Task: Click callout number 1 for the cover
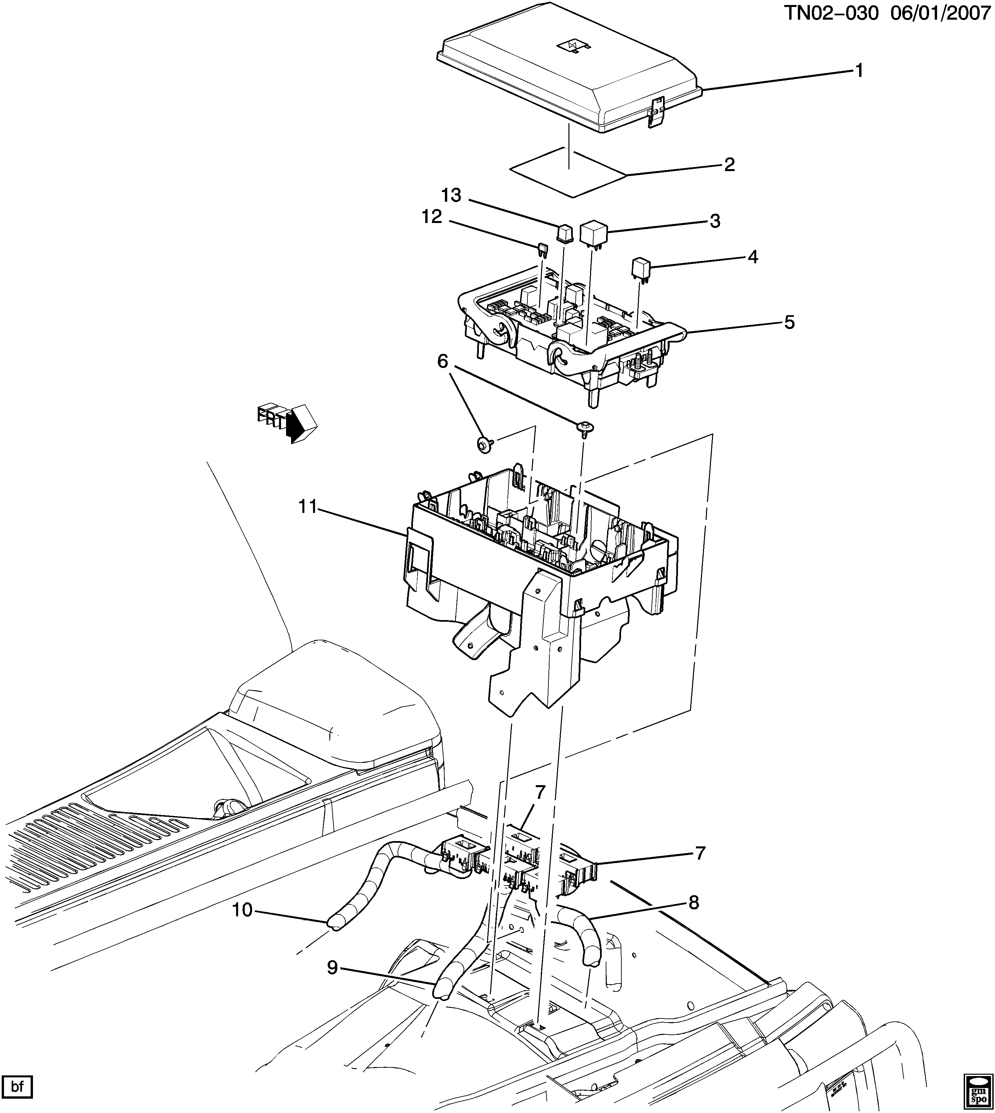[859, 71]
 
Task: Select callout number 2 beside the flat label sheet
[729, 164]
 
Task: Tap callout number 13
[452, 195]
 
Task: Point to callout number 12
[431, 217]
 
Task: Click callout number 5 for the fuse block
[789, 323]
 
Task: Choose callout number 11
[308, 507]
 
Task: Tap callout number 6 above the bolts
[442, 361]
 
